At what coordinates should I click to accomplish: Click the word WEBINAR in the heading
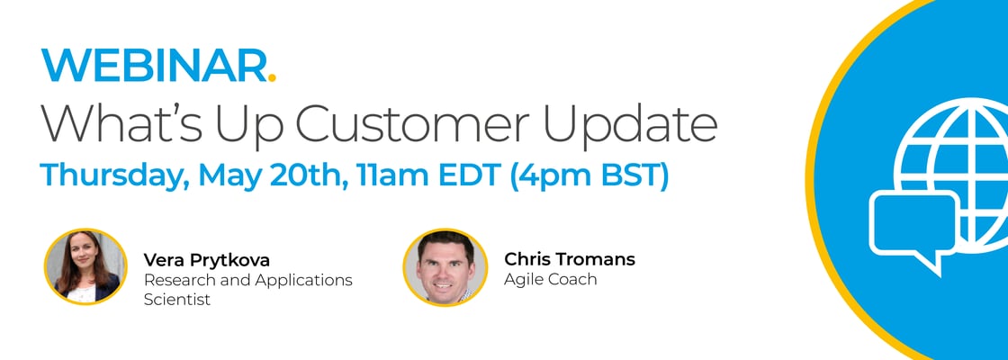click(153, 65)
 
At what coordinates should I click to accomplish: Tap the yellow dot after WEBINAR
click(272, 77)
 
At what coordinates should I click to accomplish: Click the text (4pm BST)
click(589, 176)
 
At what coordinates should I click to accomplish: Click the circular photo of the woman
click(85, 266)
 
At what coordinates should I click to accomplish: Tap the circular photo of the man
click(445, 266)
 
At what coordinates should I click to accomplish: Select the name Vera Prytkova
click(206, 260)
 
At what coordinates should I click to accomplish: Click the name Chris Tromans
click(570, 259)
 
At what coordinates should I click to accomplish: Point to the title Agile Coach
click(550, 280)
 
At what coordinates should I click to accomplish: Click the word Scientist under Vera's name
click(176, 301)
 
